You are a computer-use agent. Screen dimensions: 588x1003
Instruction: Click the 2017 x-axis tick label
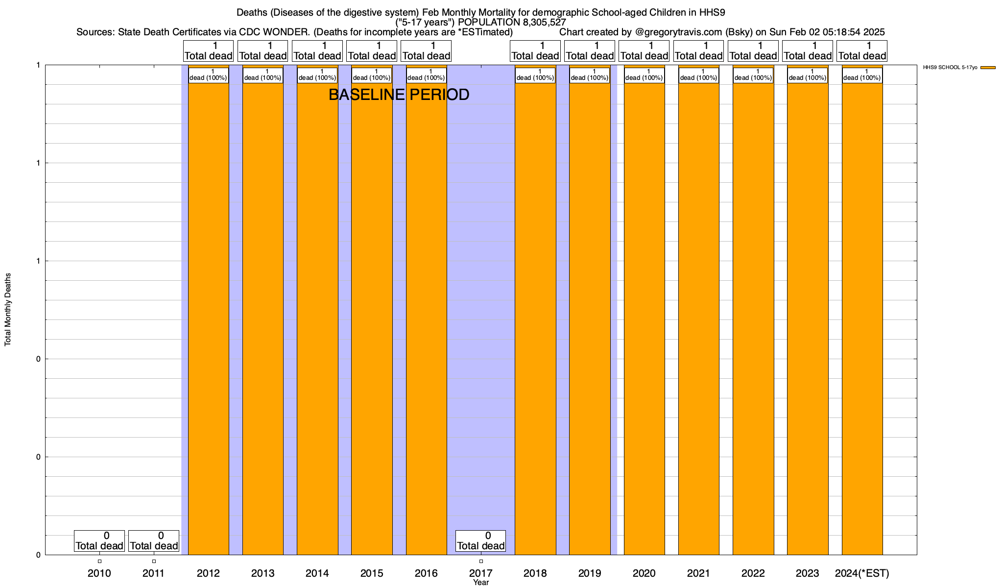pos(481,573)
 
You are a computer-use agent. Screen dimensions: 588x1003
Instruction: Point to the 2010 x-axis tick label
pos(99,573)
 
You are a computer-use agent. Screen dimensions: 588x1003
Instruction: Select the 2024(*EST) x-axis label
pos(862,573)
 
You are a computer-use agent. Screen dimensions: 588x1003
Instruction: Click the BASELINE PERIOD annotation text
pos(399,95)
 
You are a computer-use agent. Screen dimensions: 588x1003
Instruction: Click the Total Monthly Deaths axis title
pos(8,310)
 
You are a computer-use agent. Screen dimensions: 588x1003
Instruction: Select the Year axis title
pos(481,583)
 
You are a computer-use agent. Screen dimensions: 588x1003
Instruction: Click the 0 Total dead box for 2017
pos(481,541)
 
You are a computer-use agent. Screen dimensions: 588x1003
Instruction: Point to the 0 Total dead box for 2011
pos(154,541)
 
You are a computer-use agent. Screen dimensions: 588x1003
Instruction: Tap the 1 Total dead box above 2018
pos(535,51)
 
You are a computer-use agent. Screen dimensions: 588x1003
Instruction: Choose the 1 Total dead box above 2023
pos(808,51)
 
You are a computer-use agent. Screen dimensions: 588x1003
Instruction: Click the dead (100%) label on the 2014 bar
pos(317,75)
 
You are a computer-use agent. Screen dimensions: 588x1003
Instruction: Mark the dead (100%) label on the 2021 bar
pos(699,75)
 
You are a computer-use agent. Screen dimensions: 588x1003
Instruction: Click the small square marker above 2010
pos(99,561)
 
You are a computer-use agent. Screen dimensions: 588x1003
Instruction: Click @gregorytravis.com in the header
pos(678,32)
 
